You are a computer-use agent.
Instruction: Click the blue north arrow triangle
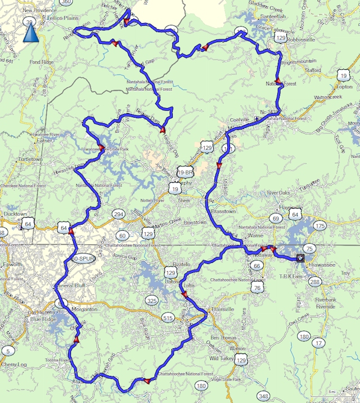(x=31, y=34)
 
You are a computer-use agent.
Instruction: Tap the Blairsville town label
(x=211, y=310)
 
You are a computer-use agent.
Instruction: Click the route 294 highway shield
(x=118, y=214)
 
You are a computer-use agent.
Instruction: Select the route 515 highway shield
(x=168, y=318)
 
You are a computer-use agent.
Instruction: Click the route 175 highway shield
(x=319, y=226)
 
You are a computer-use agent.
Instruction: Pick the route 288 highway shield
(x=315, y=281)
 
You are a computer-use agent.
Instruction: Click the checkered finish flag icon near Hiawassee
(x=300, y=258)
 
